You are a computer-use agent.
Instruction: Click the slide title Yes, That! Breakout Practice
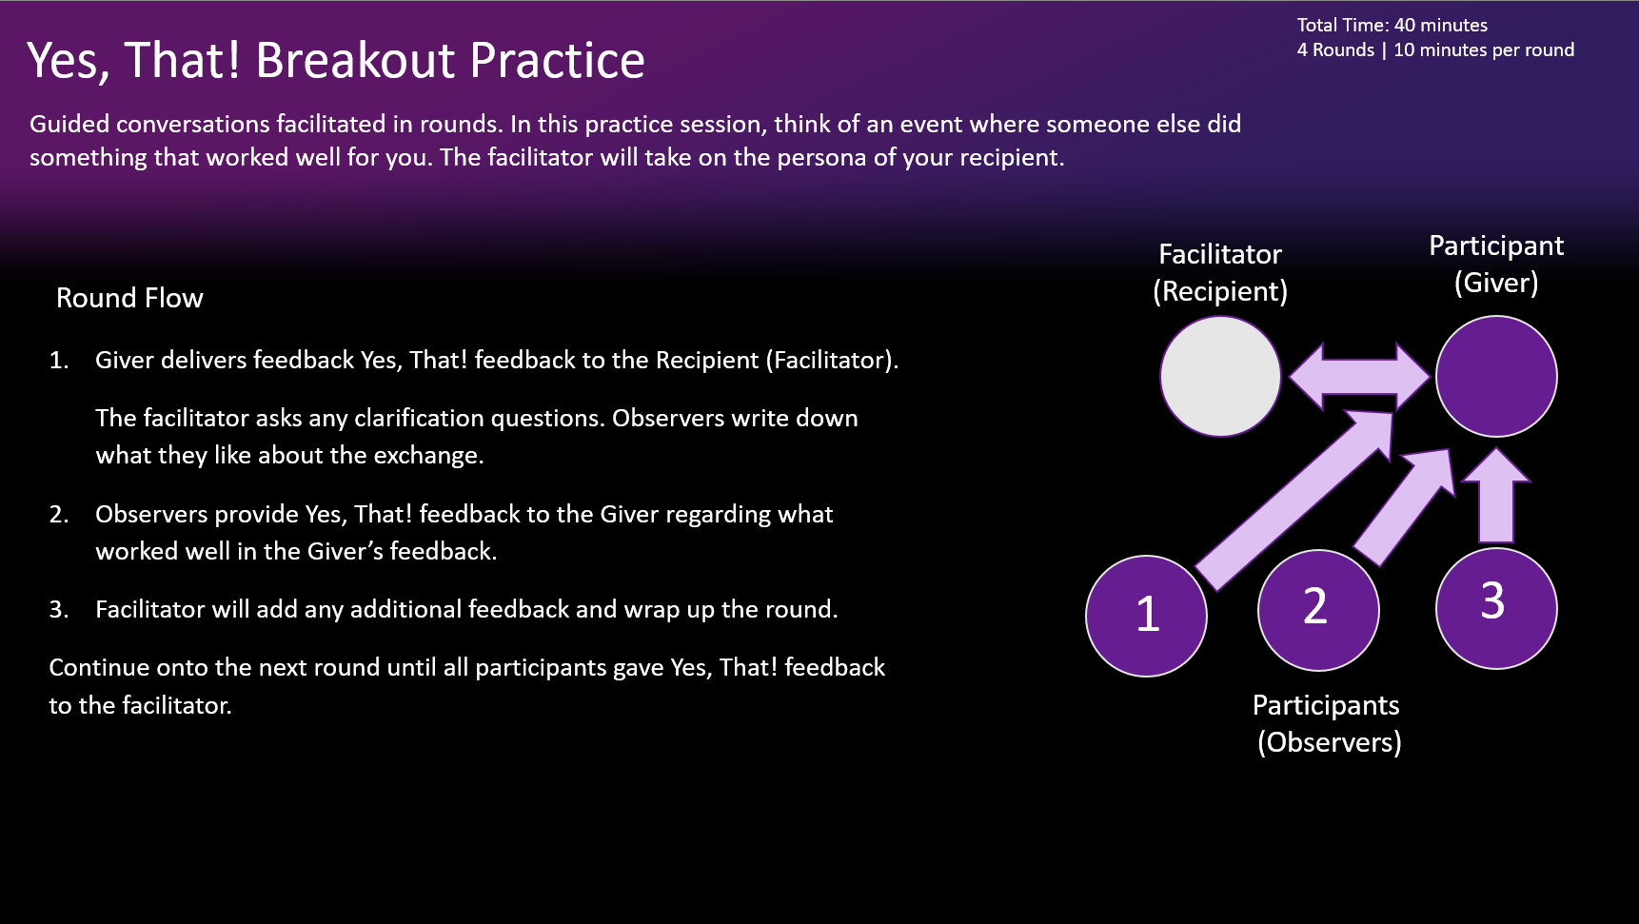335,60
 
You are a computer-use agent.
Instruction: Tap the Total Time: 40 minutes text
1392,26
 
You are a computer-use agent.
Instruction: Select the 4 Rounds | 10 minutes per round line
1434,50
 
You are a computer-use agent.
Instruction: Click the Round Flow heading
129,298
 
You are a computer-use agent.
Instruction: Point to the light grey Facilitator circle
1219,377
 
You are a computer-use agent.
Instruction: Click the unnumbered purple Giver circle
1495,377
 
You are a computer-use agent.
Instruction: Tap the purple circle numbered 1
1146,616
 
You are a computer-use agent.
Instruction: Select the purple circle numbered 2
1317,609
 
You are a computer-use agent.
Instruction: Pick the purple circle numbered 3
1495,607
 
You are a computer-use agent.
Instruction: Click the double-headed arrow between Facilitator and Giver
1358,377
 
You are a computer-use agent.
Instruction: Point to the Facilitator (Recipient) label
1219,272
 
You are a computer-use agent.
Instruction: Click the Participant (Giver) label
1495,264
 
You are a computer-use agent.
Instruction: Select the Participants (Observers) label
1328,723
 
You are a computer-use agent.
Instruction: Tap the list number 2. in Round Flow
59,515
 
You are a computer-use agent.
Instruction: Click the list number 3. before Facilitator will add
59,610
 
